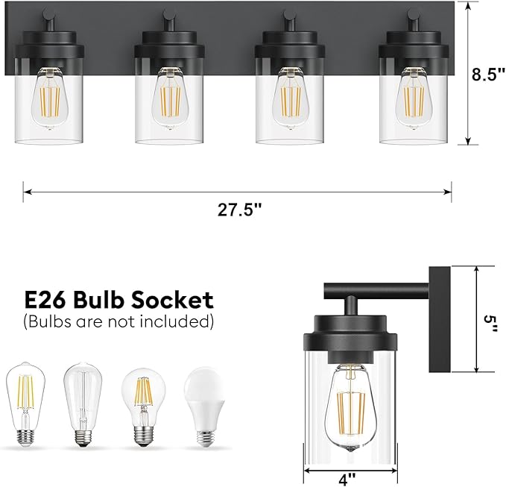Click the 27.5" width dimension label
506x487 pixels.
tap(240, 210)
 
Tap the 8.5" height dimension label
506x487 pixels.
tap(488, 75)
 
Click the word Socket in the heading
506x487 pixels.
tap(172, 300)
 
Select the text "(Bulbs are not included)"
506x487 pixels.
tap(118, 322)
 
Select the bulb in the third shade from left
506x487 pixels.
tap(293, 97)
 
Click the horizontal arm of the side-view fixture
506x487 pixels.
tap(376, 288)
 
